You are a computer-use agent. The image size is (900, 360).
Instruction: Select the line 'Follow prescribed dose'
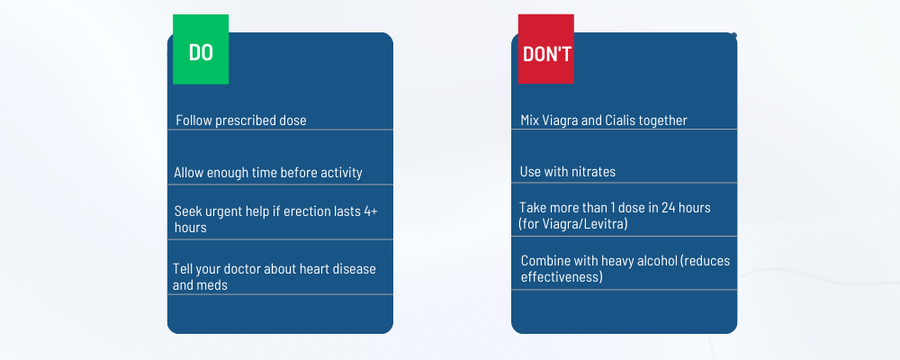tap(241, 120)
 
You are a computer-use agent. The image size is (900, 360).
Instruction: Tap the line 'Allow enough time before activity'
tap(268, 172)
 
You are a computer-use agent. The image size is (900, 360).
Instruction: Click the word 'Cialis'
tap(618, 120)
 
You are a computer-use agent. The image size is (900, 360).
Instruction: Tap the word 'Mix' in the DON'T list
tap(531, 120)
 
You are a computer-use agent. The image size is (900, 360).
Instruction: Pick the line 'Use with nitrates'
tap(568, 171)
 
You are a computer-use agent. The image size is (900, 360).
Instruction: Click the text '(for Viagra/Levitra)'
tap(572, 223)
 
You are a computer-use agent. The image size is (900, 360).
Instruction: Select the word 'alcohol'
tap(653, 261)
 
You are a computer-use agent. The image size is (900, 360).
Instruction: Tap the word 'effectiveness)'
tap(562, 277)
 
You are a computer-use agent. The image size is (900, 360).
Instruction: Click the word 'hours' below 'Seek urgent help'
tap(191, 228)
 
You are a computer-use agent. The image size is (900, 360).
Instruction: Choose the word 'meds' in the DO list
tap(214, 285)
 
